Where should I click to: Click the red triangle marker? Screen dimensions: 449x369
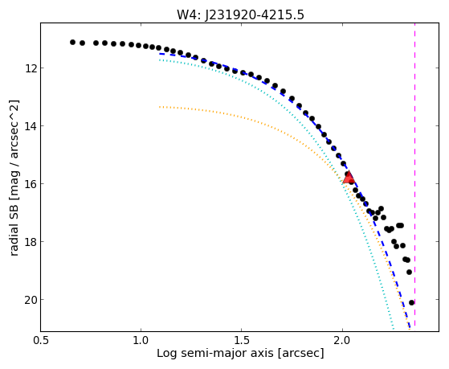click(x=349, y=178)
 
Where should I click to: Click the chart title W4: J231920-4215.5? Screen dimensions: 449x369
click(x=240, y=14)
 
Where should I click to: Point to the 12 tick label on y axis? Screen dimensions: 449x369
click(x=30, y=68)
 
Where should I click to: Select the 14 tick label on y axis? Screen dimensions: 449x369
click(x=30, y=126)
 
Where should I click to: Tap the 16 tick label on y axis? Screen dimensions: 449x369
click(x=30, y=184)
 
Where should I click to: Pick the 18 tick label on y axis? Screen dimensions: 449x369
click(x=30, y=242)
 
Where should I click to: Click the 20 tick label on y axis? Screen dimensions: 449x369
click(x=30, y=300)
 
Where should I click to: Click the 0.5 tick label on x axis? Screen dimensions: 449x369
click(x=41, y=341)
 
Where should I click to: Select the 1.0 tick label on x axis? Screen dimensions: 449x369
click(x=141, y=341)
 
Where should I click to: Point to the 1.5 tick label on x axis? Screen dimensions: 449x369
click(x=242, y=341)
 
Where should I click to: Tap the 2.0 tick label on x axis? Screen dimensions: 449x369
click(x=342, y=341)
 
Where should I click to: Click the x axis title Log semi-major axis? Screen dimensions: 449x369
click(x=215, y=353)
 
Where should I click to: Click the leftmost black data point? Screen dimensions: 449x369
click(x=72, y=42)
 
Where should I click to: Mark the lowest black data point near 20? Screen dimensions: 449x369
click(x=411, y=302)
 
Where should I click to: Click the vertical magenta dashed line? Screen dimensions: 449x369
click(x=415, y=174)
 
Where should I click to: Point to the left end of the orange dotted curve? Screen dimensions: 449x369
click(x=160, y=107)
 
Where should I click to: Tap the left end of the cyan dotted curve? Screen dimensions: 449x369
click(x=160, y=59)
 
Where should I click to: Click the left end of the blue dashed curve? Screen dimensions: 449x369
click(x=160, y=54)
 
